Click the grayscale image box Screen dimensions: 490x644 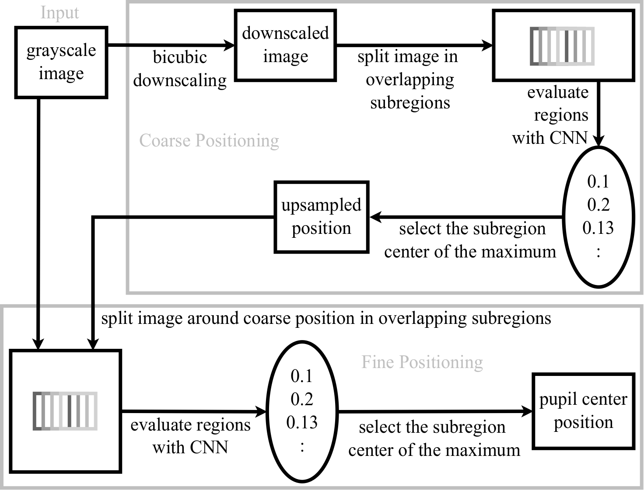pos(61,62)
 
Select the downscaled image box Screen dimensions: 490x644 pos(285,45)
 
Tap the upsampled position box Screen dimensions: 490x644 pos(321,217)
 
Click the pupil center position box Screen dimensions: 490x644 pos(583,411)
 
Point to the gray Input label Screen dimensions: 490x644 pos(59,13)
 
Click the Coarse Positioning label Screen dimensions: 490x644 pos(209,141)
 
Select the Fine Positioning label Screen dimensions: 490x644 pos(422,362)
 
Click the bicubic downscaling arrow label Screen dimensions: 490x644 pos(180,69)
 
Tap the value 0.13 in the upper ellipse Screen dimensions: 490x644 pos(598,228)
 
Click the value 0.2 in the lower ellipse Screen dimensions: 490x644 pos(302,399)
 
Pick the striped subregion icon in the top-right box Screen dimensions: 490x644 pos(562,46)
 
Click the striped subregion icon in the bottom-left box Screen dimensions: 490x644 pos(65,411)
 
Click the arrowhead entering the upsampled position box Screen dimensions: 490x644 pos(375,217)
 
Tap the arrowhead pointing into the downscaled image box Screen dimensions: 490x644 pos(230,45)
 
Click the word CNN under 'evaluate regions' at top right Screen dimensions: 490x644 pos(568,138)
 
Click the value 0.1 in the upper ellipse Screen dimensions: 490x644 pos(598,181)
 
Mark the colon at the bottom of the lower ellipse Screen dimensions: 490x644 pos(302,446)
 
